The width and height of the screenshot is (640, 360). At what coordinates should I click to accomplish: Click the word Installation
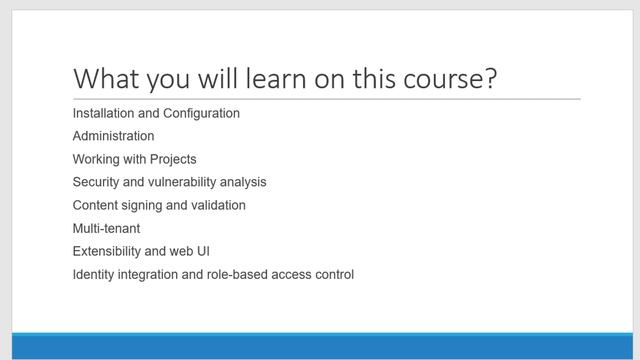tap(104, 113)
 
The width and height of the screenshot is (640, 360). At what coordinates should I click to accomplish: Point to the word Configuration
tap(202, 113)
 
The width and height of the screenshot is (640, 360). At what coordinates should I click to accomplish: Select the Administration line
tap(113, 136)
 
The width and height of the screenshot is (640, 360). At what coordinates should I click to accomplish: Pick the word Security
tap(97, 182)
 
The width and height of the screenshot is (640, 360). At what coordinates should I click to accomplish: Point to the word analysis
tap(244, 182)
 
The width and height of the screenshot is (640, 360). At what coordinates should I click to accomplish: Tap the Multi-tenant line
tap(106, 228)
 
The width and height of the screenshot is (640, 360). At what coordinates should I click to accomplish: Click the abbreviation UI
tap(202, 251)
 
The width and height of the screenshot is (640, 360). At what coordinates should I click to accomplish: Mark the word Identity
tap(95, 274)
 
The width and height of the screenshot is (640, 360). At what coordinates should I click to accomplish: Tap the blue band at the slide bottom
tap(320, 345)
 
